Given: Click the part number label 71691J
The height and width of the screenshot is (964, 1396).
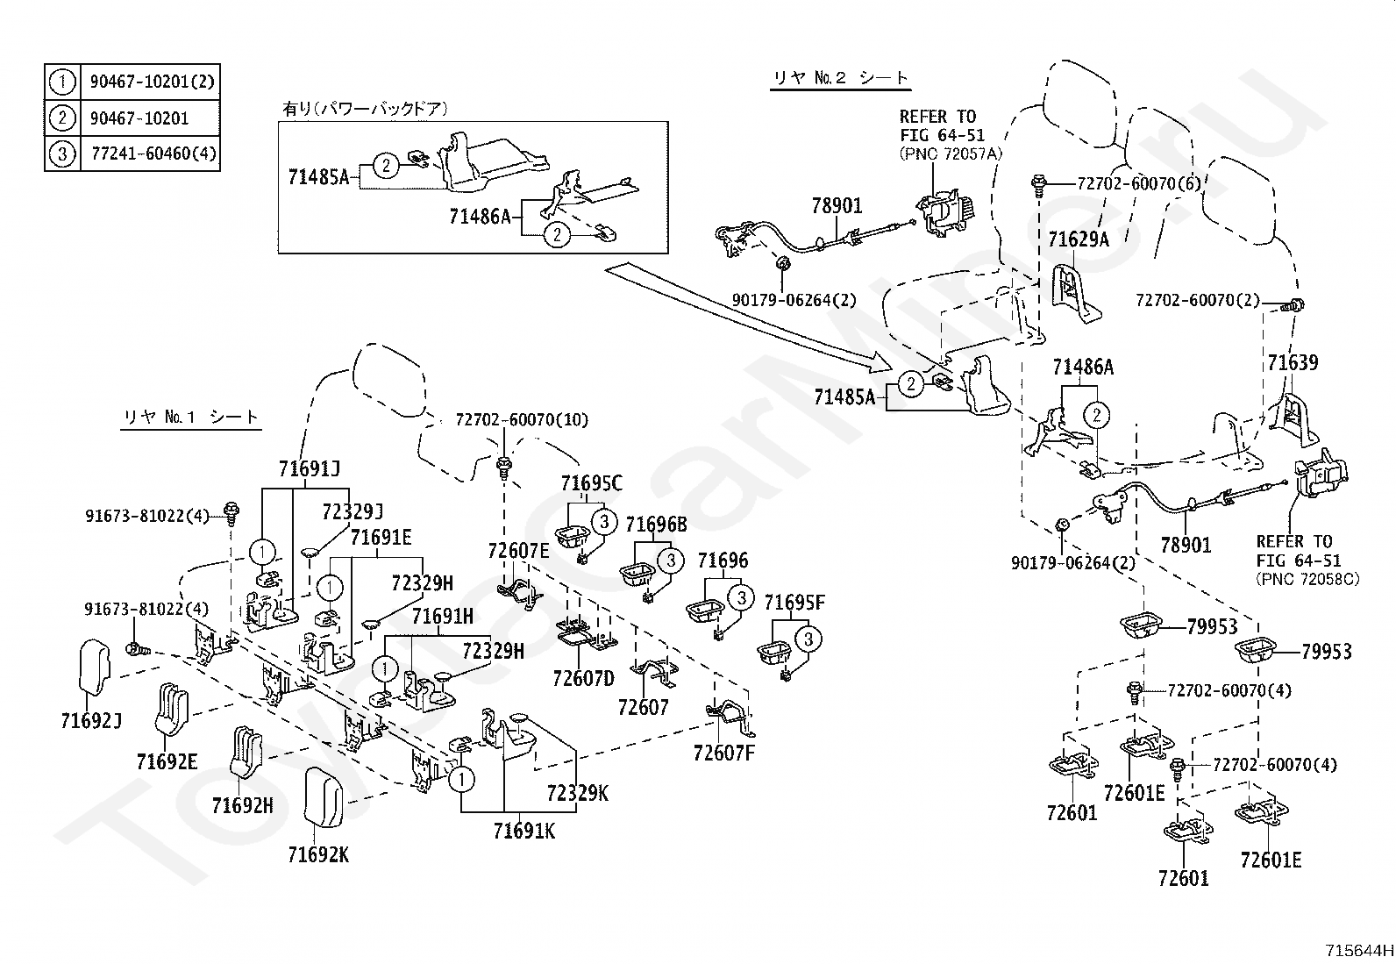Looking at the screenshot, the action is [310, 468].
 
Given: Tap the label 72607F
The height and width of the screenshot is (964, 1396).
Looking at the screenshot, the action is [723, 753].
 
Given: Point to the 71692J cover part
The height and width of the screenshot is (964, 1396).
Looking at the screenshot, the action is [95, 666].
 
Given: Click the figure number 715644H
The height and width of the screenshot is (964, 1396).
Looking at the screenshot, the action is [1359, 950].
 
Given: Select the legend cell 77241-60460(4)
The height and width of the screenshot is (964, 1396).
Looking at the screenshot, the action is [153, 154].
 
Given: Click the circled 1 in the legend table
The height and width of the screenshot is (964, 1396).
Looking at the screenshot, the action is [62, 82].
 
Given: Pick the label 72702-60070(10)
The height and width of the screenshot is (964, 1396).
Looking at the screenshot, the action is [522, 419].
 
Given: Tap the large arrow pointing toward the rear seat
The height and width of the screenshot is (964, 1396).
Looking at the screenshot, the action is [749, 318].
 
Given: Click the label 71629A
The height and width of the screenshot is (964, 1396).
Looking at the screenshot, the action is [1079, 239].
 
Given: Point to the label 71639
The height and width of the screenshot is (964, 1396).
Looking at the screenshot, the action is [1293, 362].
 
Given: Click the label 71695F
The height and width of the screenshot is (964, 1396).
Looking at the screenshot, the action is [794, 603].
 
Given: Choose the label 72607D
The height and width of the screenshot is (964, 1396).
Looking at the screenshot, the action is [583, 678].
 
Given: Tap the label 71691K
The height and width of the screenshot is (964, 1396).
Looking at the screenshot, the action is [523, 832].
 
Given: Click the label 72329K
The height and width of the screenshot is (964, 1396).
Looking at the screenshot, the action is [578, 793].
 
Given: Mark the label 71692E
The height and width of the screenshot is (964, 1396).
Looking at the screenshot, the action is [167, 761].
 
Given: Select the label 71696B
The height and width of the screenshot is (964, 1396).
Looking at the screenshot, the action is [656, 525].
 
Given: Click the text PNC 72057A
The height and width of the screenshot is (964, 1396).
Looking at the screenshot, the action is [951, 154].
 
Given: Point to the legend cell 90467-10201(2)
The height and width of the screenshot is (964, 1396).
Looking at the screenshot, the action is [152, 82].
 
